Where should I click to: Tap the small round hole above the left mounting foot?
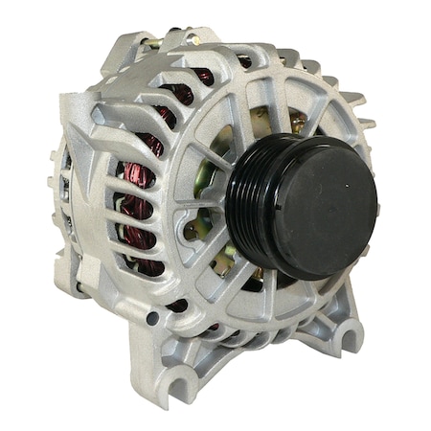152,317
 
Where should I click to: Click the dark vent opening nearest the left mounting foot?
177,306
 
